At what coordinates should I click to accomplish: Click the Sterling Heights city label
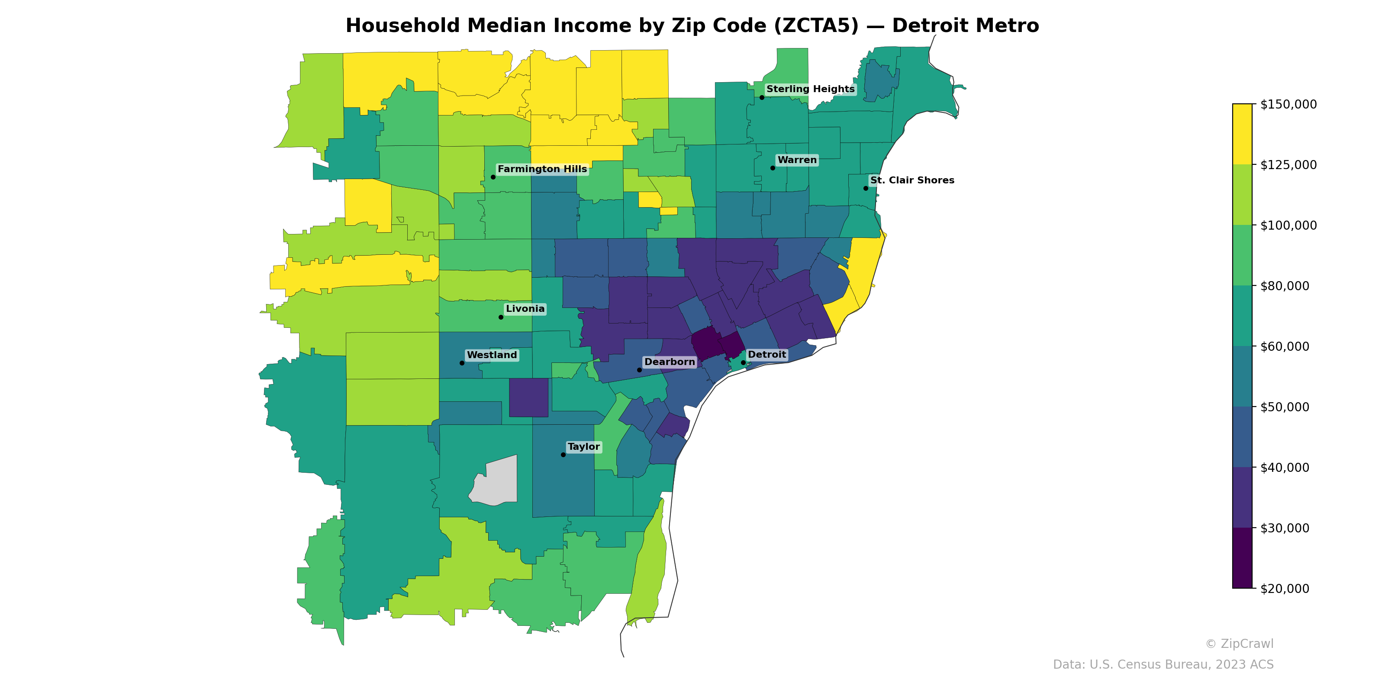(810, 89)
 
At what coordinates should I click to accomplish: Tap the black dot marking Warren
(773, 168)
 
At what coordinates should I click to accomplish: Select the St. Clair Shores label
(912, 180)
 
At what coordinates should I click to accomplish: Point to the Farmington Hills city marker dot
(493, 177)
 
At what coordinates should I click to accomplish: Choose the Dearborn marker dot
(639, 370)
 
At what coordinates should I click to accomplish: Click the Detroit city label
(767, 355)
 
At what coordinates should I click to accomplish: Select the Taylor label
(583, 447)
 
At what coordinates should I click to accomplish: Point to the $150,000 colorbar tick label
(1288, 104)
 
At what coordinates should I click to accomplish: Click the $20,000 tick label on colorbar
(1285, 589)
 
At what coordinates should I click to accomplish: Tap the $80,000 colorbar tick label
(1285, 286)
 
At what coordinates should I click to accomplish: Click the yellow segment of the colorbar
(1242, 135)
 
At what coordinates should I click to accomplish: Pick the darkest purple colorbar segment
(1242, 557)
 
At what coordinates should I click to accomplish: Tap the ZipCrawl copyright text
(1239, 644)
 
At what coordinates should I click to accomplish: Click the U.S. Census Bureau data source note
(1163, 665)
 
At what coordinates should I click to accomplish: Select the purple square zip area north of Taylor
(528, 397)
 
